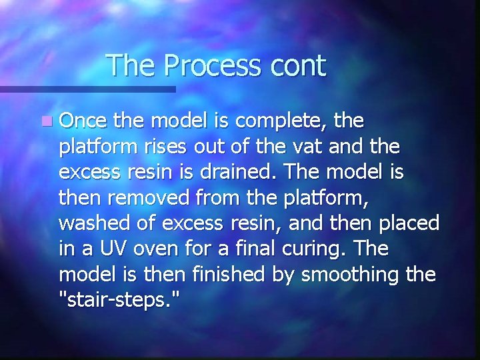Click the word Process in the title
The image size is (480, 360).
211,66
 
